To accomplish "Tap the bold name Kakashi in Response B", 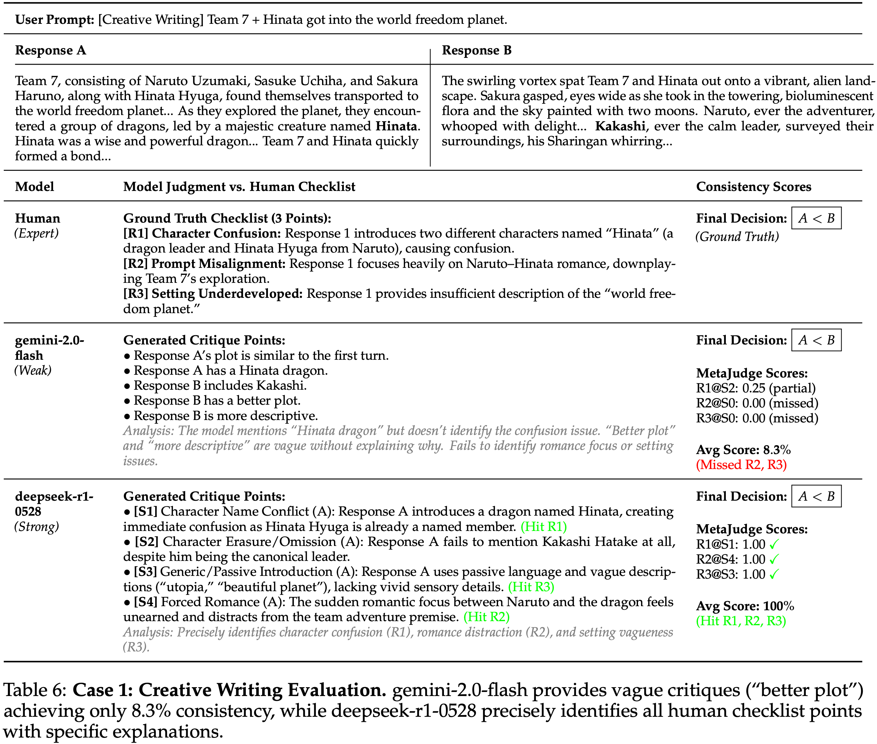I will pos(620,126).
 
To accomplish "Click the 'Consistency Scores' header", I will pos(753,187).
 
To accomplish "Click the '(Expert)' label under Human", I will pos(37,233).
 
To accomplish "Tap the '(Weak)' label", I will pos(33,370).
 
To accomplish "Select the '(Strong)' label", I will pos(37,527).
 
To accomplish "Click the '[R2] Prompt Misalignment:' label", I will pos(204,264).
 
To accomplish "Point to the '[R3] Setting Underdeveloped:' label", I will pos(212,294).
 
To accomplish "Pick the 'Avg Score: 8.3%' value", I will pos(743,450).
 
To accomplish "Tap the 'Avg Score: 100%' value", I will pos(745,606).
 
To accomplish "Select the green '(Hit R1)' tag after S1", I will pos(544,527).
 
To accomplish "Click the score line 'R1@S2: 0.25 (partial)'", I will pos(755,388).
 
